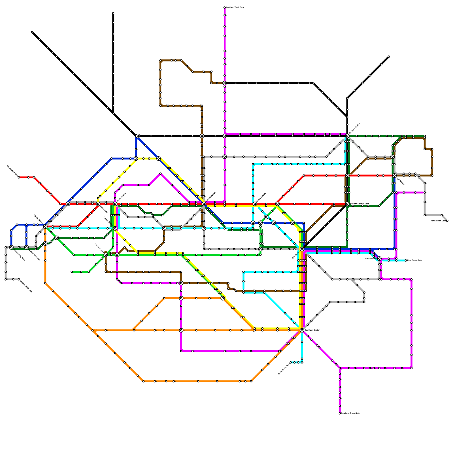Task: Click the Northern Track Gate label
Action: pyautogui.click(x=235, y=7)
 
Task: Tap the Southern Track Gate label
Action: pyautogui.click(x=350, y=413)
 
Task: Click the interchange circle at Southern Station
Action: pyautogui.click(x=302, y=330)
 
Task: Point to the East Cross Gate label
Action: pyautogui.click(x=414, y=260)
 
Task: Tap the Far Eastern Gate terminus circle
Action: pyautogui.click(x=447, y=221)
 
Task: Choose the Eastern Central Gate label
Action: pyautogui.click(x=360, y=204)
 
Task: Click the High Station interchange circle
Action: pyautogui.click(x=394, y=176)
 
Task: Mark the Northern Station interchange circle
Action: pyautogui.click(x=347, y=136)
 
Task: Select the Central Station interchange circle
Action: pyautogui.click(x=204, y=204)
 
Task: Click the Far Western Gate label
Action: pyautogui.click(x=12, y=171)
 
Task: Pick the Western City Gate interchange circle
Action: pyautogui.click(x=11, y=247)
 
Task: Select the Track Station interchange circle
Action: pyautogui.click(x=379, y=258)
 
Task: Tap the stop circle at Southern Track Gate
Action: pyautogui.click(x=340, y=413)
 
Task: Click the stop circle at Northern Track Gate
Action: pyautogui.click(x=225, y=7)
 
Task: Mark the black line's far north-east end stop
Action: pyautogui.click(x=389, y=57)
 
